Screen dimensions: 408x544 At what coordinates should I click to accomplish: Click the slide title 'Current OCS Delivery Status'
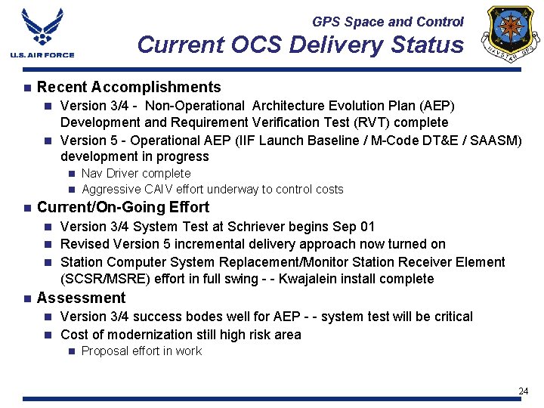pyautogui.click(x=300, y=45)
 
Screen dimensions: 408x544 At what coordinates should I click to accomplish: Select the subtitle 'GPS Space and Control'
pyautogui.click(x=388, y=22)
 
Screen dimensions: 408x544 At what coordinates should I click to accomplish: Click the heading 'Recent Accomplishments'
pyautogui.click(x=128, y=88)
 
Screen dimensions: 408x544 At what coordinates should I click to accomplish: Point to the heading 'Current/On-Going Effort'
pyautogui.click(x=122, y=207)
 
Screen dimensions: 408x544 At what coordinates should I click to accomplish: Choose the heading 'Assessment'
pyautogui.click(x=81, y=298)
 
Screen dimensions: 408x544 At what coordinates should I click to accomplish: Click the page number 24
pyautogui.click(x=523, y=391)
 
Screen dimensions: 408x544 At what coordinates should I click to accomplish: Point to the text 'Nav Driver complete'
pyautogui.click(x=136, y=174)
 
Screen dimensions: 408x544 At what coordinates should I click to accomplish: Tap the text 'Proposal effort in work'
pyautogui.click(x=141, y=351)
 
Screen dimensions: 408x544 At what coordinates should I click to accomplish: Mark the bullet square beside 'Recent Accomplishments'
pyautogui.click(x=26, y=88)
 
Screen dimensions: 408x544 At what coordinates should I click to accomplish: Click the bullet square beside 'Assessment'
pyautogui.click(x=26, y=298)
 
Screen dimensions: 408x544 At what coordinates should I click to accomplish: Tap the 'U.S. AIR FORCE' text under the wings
pyautogui.click(x=42, y=54)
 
